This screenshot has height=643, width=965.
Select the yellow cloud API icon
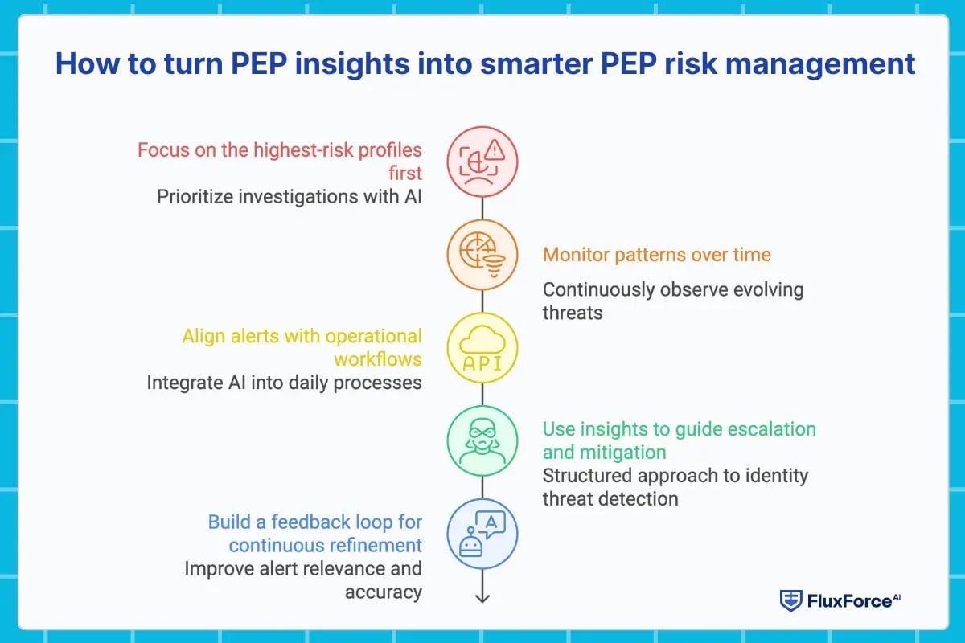pos(482,348)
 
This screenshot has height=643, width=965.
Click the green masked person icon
pos(482,441)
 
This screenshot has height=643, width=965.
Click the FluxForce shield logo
pos(791,600)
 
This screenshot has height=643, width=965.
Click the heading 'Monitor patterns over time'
pos(656,256)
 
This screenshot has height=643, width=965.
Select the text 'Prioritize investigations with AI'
pos(289,196)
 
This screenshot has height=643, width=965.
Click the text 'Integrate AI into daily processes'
pos(284,383)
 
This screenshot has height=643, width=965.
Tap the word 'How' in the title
pos(85,63)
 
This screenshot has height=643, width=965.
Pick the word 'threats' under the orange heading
pos(573,313)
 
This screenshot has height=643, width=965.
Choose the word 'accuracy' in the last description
pos(384,592)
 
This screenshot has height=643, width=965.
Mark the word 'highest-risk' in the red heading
pos(292,150)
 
